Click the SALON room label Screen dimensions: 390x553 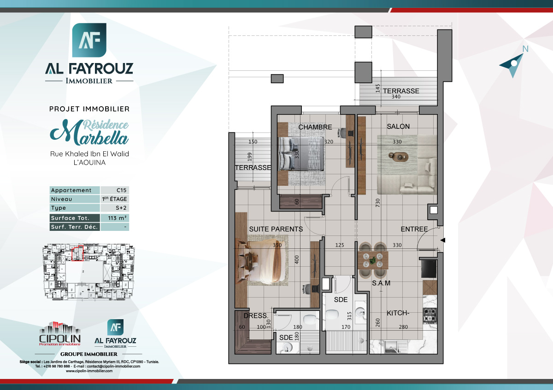click(x=398, y=126)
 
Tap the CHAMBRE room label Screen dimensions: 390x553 click(x=315, y=127)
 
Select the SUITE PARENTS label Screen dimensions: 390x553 click(x=276, y=229)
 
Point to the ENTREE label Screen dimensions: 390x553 click(x=414, y=229)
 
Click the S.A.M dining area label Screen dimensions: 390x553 click(x=381, y=283)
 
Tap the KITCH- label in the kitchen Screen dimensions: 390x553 click(x=398, y=313)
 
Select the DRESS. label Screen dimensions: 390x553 click(x=255, y=315)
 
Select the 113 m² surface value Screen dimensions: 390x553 click(x=114, y=218)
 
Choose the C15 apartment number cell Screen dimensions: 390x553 click(x=114, y=190)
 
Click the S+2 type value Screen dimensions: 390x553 click(x=114, y=208)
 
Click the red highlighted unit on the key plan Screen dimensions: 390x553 click(x=77, y=254)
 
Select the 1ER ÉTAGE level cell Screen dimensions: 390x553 click(x=114, y=199)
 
